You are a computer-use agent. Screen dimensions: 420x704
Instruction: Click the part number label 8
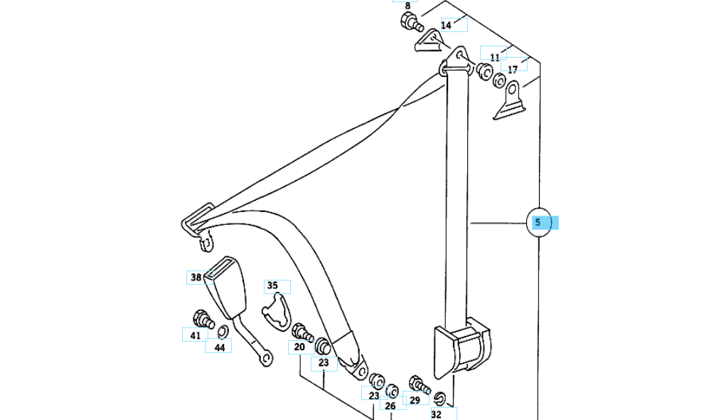click(x=407, y=6)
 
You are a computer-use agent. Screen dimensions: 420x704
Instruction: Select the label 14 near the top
click(x=446, y=25)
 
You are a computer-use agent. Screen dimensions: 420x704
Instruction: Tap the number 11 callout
click(x=495, y=56)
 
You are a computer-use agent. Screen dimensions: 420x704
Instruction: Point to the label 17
click(x=513, y=69)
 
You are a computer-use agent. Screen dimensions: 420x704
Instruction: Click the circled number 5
click(x=538, y=222)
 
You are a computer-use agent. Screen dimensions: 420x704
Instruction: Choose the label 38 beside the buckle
click(x=196, y=277)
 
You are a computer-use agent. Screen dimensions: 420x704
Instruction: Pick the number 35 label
click(x=272, y=286)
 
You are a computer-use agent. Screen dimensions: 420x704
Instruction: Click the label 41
click(x=195, y=335)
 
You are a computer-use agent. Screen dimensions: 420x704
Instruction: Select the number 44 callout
click(x=219, y=347)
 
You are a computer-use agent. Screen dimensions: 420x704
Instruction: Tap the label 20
click(x=299, y=347)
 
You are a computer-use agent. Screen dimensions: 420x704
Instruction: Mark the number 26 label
click(x=390, y=406)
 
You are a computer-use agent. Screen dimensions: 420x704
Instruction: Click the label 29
click(x=415, y=401)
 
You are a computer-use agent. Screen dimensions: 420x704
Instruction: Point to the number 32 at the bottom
click(x=436, y=414)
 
